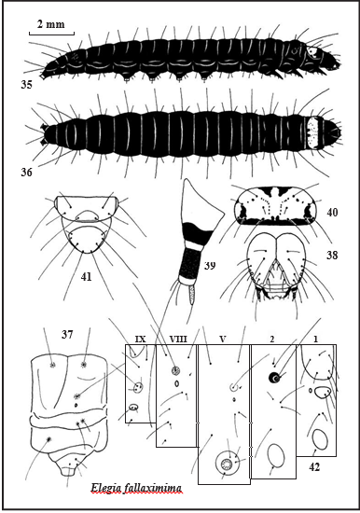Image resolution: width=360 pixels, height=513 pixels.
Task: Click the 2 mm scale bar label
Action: [x=50, y=24]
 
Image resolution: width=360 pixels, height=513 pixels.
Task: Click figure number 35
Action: [x=26, y=84]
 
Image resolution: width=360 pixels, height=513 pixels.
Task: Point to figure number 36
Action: [x=26, y=172]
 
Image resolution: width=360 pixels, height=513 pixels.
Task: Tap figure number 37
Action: [x=67, y=334]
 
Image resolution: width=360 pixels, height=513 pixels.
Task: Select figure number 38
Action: [x=332, y=255]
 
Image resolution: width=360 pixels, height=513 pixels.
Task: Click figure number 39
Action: [x=210, y=265]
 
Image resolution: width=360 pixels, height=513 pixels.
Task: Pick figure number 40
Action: [x=332, y=213]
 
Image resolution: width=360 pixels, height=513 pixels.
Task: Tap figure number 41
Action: [x=86, y=277]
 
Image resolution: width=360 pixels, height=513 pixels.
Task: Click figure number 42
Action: [x=314, y=467]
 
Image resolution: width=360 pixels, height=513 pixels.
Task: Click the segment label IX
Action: [x=141, y=340]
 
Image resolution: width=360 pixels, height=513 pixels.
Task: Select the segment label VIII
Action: [x=178, y=340]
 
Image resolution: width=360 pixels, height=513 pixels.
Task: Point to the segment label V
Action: [x=223, y=340]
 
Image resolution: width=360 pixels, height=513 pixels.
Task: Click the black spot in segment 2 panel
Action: [x=274, y=378]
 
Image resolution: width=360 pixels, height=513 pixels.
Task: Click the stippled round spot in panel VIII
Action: [x=175, y=370]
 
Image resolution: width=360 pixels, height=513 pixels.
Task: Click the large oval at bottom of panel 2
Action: [x=276, y=456]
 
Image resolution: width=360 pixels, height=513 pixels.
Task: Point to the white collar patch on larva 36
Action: [x=314, y=133]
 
